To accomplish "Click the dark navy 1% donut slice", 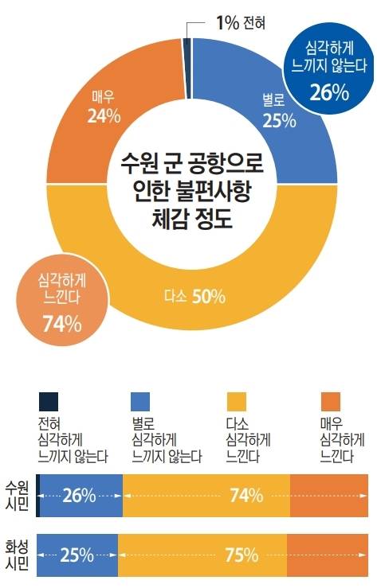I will click(187, 45).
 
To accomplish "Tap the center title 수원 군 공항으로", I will click(191, 165).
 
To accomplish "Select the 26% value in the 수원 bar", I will click(81, 495).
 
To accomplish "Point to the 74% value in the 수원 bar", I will click(245, 495).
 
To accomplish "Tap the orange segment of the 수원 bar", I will click(329, 495).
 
